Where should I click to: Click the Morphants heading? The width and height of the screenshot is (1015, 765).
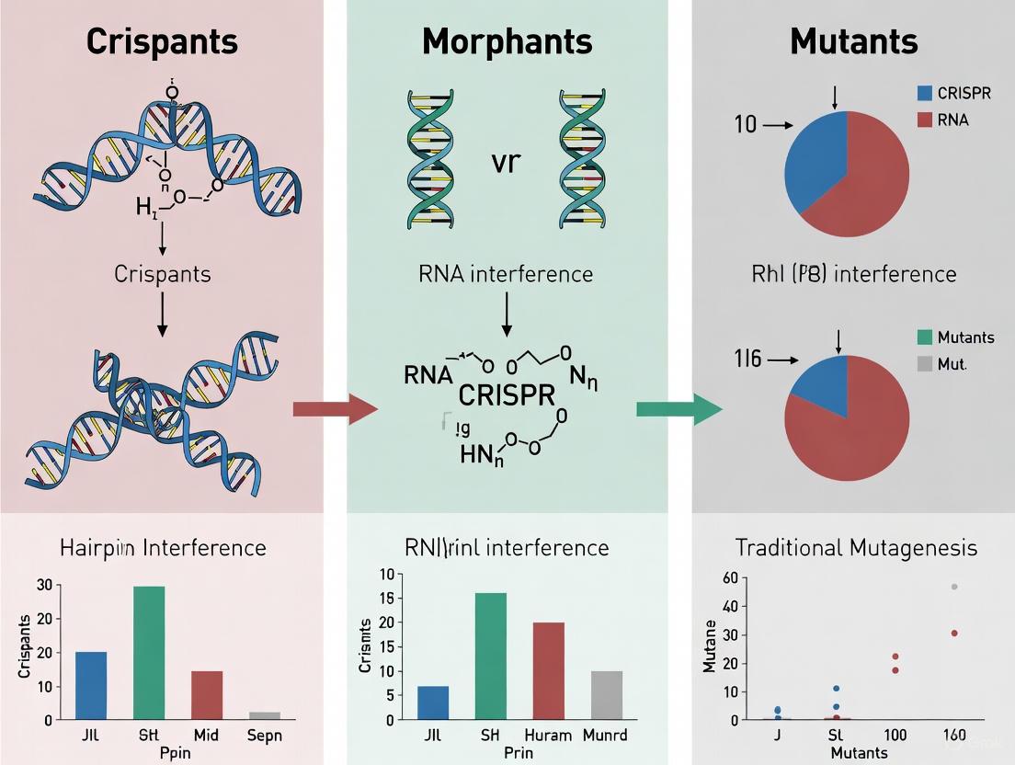[507, 41]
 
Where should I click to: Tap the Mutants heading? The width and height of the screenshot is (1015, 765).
[853, 41]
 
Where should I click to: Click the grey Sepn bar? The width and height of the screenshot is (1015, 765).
[265, 714]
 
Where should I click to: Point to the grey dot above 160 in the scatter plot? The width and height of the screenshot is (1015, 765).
[954, 587]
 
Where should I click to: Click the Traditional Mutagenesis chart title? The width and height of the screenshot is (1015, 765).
[856, 548]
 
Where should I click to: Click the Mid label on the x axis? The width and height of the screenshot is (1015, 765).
[207, 736]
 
